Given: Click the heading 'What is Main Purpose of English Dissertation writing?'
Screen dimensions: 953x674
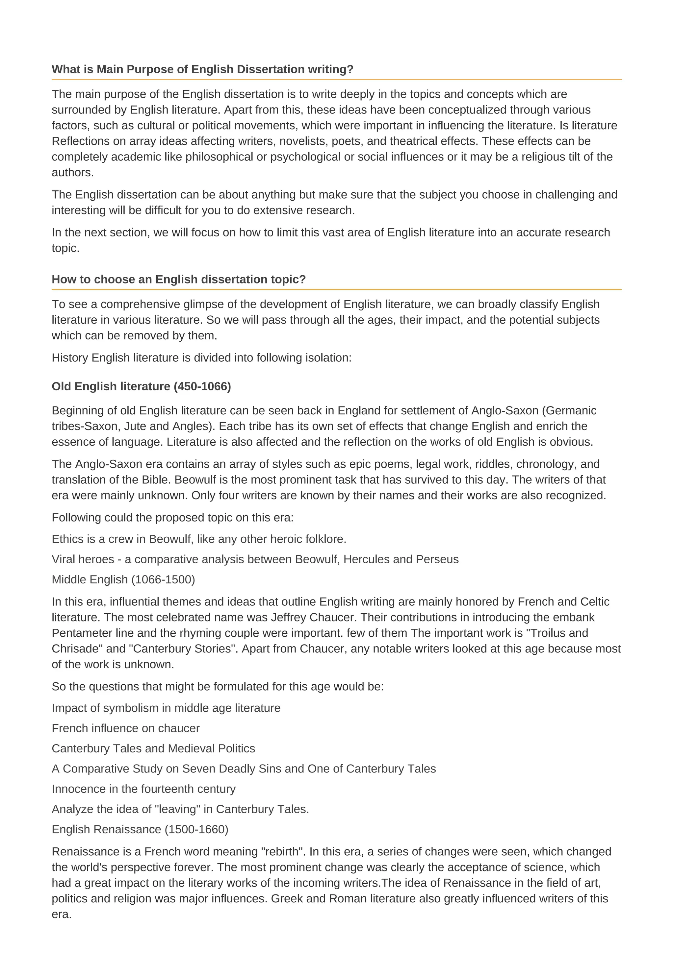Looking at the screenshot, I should (x=202, y=69).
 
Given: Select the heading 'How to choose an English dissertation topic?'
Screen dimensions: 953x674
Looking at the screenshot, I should (x=179, y=279).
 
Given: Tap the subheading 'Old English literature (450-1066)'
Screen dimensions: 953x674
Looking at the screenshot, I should (x=141, y=386).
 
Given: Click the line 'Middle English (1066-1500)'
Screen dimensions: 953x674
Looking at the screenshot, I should (x=123, y=579).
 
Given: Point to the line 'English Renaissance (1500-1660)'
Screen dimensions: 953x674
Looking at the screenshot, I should (x=140, y=829).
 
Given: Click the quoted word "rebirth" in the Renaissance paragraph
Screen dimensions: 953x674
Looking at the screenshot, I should (x=282, y=852).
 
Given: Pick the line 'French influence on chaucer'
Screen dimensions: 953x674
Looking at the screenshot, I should (x=125, y=728).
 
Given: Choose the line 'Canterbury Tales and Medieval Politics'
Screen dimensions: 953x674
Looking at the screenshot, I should (x=153, y=748).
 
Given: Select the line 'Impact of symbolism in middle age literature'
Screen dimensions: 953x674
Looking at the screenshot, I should (x=166, y=708).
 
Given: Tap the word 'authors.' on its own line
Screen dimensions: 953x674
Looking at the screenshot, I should (x=73, y=173).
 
